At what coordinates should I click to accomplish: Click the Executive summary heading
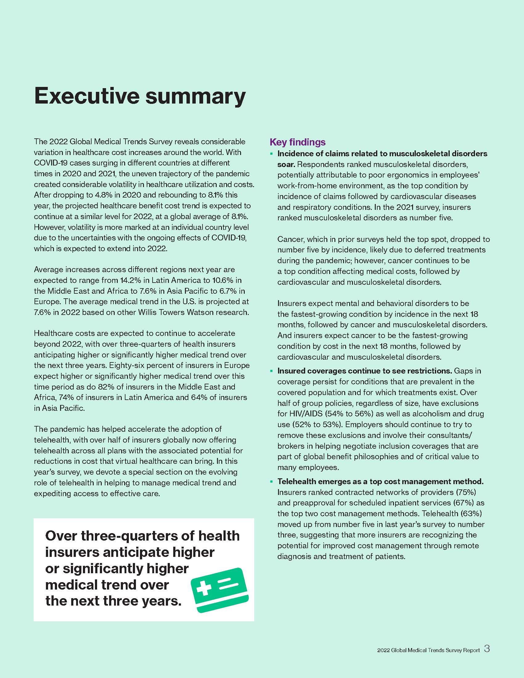click(x=140, y=96)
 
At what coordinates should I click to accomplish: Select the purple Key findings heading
click(x=297, y=142)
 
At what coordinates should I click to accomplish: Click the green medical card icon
click(x=219, y=590)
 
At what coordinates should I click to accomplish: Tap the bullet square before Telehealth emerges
click(x=271, y=482)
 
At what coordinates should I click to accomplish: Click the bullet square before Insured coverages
click(x=271, y=371)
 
